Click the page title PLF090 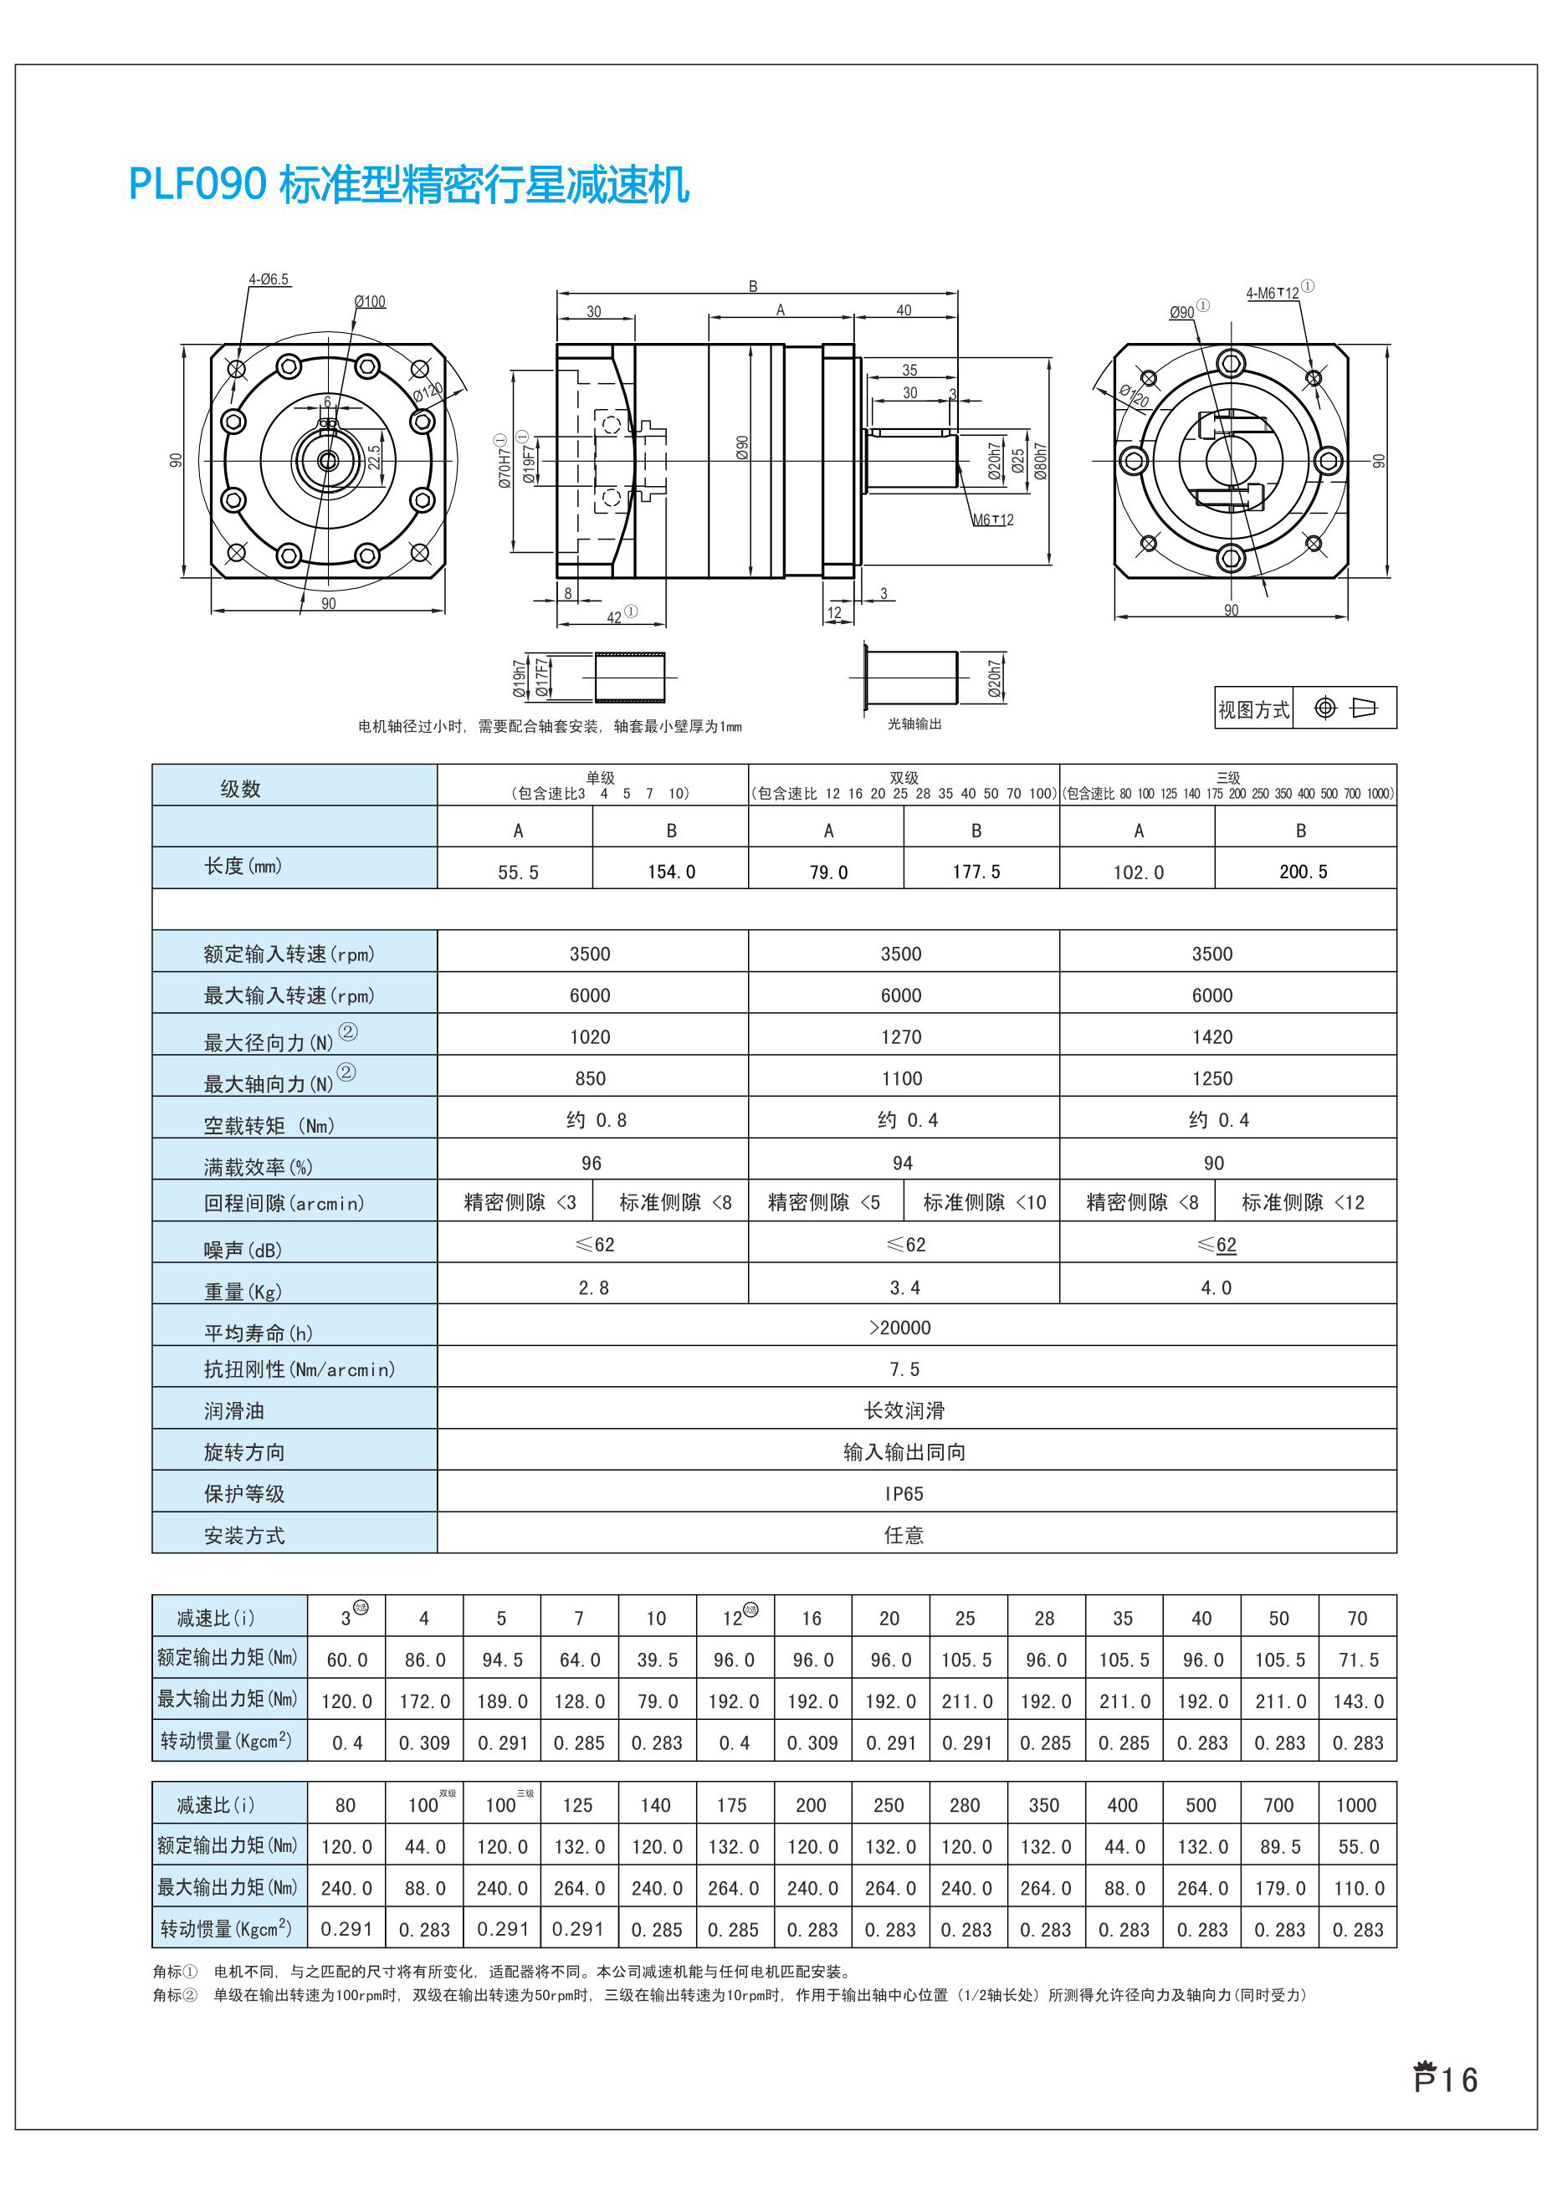[196, 183]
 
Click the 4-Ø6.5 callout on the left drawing [268, 279]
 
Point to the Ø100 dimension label [369, 301]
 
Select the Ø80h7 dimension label [1041, 461]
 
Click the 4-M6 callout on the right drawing [1273, 293]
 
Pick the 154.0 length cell [670, 871]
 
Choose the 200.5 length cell [1303, 871]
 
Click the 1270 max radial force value [901, 1036]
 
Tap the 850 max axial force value [590, 1078]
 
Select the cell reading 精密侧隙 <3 [520, 1202]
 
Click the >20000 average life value [899, 1327]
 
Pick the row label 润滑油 [233, 1411]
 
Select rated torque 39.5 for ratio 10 [656, 1660]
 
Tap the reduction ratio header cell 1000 [1356, 1805]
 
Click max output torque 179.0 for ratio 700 [1279, 1888]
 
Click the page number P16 [1445, 2080]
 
